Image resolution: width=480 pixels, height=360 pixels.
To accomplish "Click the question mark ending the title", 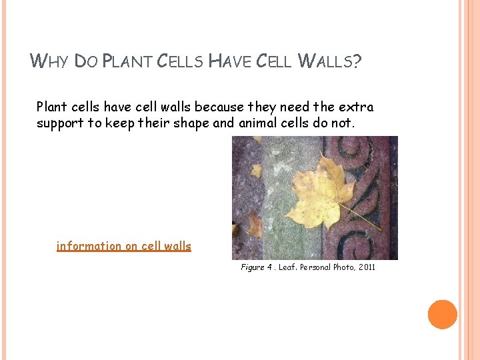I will [x=357, y=62].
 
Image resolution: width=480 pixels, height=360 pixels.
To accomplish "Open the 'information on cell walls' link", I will [x=124, y=246].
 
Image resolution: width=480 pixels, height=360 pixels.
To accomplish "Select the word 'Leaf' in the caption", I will [x=288, y=267].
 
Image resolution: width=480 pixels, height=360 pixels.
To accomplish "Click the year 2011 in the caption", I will [x=367, y=267].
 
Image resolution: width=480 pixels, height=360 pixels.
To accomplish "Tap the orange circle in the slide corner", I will [x=442, y=315].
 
